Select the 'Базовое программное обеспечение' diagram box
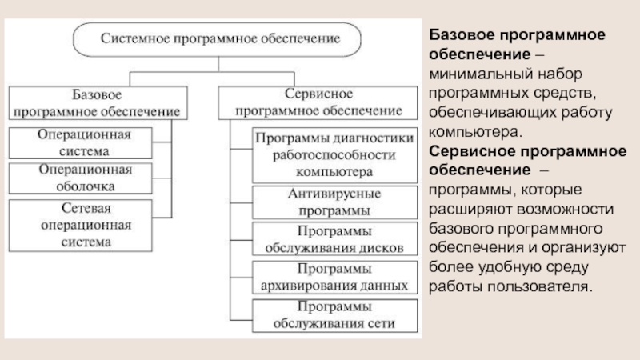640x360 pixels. (x=96, y=101)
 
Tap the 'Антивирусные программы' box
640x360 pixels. (x=334, y=202)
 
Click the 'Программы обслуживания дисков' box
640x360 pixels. (x=334, y=238)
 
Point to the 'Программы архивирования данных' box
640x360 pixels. (x=334, y=276)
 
